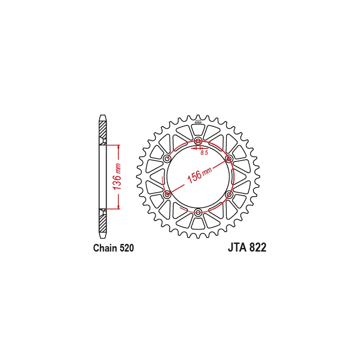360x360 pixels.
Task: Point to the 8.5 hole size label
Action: point(204,153)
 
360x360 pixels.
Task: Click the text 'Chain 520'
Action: point(113,248)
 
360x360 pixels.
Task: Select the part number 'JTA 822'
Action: point(247,248)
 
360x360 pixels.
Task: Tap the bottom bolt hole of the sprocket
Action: point(198,212)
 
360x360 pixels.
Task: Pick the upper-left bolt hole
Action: point(167,159)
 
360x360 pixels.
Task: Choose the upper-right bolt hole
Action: point(229,159)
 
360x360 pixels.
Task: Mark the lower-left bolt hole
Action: point(167,194)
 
